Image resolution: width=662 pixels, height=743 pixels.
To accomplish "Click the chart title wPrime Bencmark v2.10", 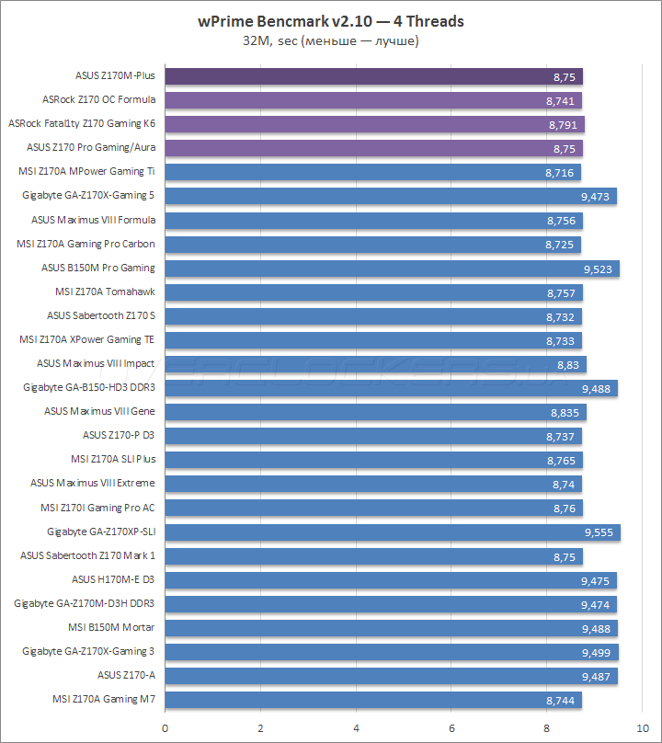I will click(330, 21).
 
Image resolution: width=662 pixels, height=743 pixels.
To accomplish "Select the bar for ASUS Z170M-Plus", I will click(373, 76).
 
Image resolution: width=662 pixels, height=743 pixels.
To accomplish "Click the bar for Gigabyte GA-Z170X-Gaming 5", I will click(391, 196).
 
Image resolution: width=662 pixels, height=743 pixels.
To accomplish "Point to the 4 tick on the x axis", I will click(356, 726).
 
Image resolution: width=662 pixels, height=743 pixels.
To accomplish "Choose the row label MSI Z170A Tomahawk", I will click(105, 291).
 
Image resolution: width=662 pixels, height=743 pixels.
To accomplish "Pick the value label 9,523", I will click(599, 269).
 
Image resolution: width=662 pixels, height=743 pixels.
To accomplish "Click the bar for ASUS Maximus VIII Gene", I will click(375, 412).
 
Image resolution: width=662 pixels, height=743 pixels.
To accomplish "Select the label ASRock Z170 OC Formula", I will click(99, 99).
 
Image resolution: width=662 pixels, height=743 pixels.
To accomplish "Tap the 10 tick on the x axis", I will click(642, 726).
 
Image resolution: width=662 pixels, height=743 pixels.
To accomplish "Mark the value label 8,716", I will click(560, 172).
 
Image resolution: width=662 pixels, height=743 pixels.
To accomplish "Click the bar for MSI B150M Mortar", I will click(391, 628).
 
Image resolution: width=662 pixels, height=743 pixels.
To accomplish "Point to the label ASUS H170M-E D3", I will click(113, 579).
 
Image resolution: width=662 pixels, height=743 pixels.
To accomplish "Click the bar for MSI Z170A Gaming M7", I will click(373, 700).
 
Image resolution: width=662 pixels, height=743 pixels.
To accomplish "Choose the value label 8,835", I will click(565, 412).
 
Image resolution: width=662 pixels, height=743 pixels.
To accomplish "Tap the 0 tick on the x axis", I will click(165, 726).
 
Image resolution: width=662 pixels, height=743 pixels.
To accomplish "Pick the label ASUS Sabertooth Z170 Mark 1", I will click(88, 555).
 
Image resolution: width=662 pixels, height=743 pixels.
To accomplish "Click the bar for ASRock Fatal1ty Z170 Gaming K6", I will click(374, 124).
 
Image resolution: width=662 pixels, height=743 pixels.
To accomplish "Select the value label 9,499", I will click(598, 652).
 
